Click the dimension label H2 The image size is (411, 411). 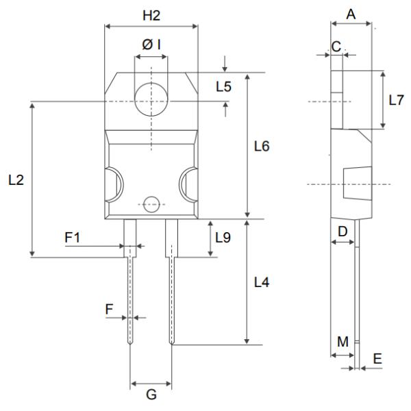point(150,15)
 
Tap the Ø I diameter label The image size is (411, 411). point(151,45)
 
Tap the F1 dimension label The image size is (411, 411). point(73,237)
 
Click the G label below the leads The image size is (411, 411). point(151,395)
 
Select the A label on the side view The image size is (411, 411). point(351,13)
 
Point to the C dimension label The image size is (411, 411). point(336,45)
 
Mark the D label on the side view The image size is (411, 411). point(342,232)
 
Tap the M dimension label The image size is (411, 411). point(342,341)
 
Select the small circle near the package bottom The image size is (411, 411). point(151,203)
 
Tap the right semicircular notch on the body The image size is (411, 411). point(188,184)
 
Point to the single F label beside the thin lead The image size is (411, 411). point(110,309)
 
